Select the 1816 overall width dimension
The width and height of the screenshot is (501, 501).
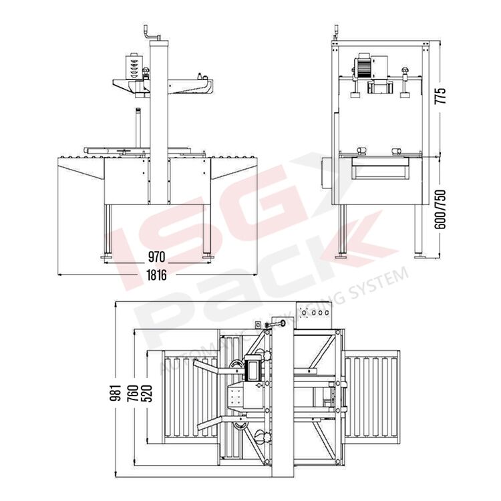coord(157,275)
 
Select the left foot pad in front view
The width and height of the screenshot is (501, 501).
coord(106,257)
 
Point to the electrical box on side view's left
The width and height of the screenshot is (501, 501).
coord(327,172)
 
